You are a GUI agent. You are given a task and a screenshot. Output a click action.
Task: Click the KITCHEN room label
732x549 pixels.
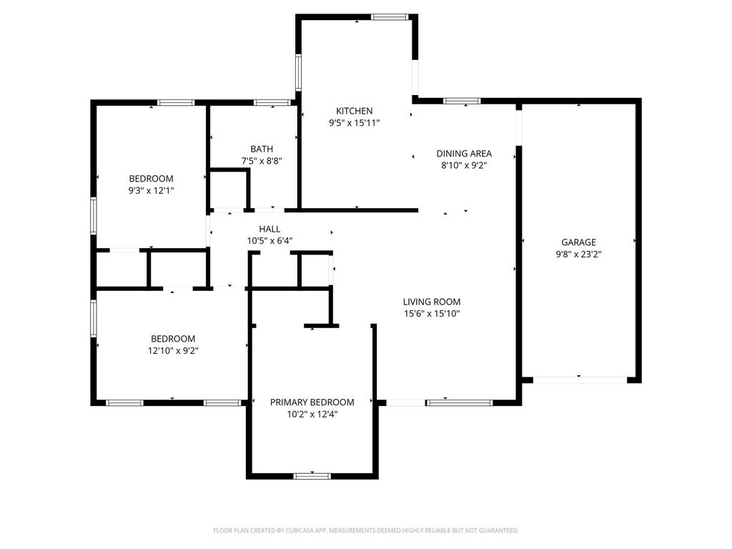coord(355,111)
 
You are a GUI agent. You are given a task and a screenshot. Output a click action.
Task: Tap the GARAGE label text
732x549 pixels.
coord(578,242)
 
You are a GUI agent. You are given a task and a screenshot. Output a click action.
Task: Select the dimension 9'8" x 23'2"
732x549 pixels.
coord(578,254)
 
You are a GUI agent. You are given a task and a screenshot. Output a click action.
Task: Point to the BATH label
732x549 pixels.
coord(262,149)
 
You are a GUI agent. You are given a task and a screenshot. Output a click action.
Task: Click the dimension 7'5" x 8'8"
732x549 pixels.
coord(262,161)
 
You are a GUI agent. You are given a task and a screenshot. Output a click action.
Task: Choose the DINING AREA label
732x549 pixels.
coord(464,154)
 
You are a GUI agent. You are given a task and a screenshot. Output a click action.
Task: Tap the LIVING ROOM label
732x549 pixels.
coord(432,302)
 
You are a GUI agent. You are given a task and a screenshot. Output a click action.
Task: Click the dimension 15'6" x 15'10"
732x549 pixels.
coord(432,314)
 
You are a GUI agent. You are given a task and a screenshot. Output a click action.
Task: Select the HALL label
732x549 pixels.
coord(269,229)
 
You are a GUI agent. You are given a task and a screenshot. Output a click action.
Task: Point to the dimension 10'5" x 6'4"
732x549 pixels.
coord(269,241)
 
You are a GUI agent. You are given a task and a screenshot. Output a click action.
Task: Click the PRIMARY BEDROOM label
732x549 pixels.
coord(312,402)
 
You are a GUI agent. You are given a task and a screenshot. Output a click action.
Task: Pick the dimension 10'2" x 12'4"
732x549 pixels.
coord(312,414)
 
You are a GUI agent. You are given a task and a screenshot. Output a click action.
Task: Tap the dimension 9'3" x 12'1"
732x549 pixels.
coord(152,190)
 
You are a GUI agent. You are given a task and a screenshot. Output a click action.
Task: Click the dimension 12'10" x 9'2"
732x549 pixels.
coord(173,350)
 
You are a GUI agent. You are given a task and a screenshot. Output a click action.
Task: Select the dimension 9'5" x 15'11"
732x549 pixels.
coord(355,123)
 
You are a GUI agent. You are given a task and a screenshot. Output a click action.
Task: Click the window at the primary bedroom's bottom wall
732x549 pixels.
coord(312,476)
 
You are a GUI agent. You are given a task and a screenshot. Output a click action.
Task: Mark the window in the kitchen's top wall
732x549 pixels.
coord(390,17)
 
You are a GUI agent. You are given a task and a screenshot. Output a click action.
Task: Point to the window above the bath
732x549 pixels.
coord(272,103)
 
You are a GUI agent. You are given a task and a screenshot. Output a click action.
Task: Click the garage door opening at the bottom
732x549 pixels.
coord(580,380)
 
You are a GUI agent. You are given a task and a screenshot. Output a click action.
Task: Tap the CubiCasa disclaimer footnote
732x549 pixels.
coord(366,530)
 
